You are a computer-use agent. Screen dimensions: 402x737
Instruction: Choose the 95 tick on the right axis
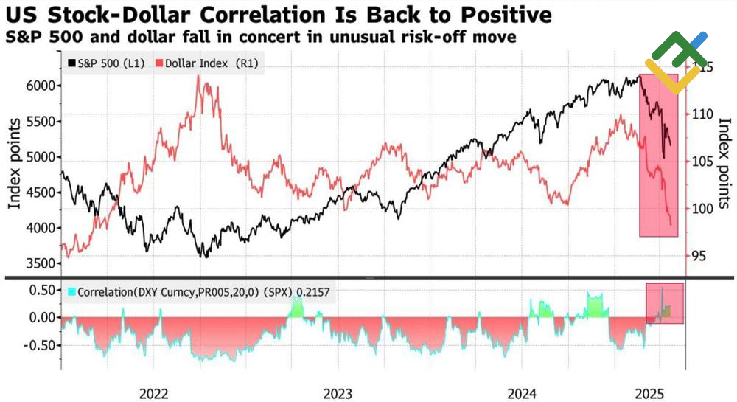click(x=700, y=256)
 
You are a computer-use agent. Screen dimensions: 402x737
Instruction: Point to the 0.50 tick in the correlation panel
click(x=42, y=290)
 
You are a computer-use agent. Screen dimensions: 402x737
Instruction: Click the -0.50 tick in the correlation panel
click(x=40, y=344)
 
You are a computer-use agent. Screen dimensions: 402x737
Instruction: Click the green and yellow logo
click(x=675, y=62)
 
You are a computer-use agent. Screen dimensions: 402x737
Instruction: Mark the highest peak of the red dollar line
click(x=198, y=76)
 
